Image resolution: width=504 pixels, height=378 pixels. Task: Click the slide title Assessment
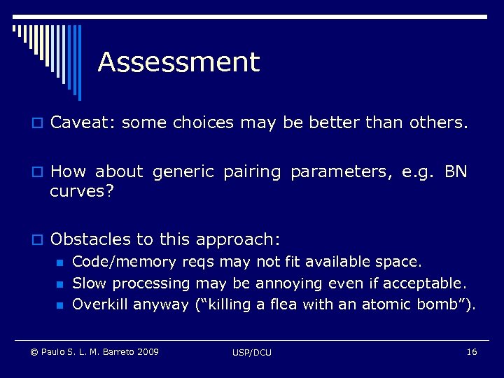(178, 62)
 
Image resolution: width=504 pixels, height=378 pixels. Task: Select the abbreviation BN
(456, 171)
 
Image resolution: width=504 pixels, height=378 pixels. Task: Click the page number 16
(471, 351)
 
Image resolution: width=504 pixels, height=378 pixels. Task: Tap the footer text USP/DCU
(252, 352)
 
